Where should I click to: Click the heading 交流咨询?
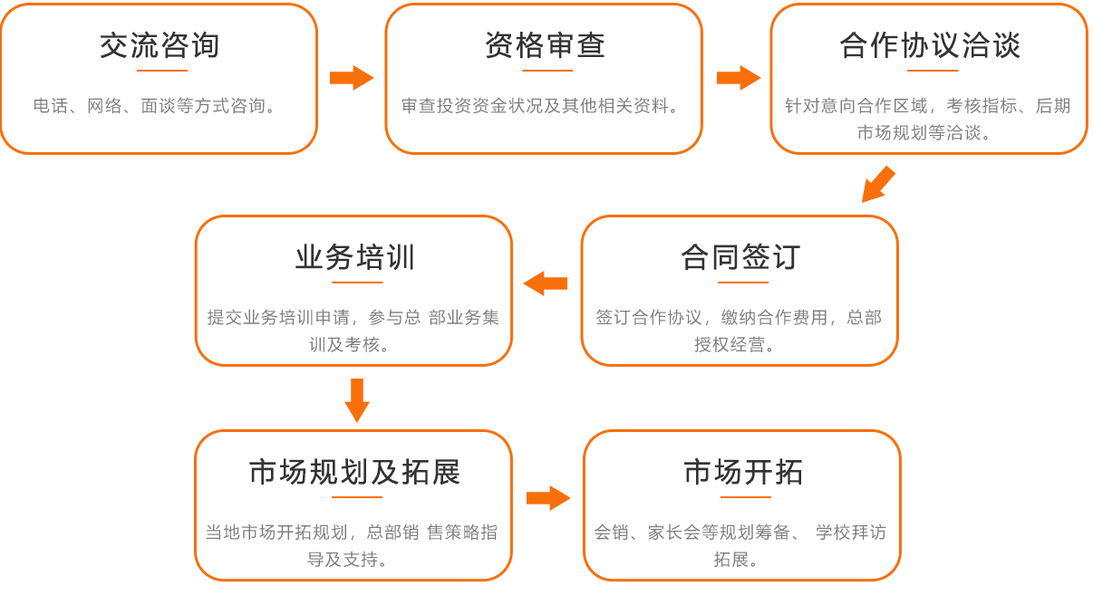[x=160, y=45]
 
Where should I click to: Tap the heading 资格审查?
[x=545, y=45]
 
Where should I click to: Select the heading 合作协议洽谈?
[x=930, y=45]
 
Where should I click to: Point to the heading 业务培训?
[x=354, y=258]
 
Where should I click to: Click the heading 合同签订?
[x=740, y=258]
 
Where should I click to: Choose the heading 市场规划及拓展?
[x=354, y=472]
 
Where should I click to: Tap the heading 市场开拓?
[x=743, y=472]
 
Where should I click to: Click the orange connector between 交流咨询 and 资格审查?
[x=351, y=78]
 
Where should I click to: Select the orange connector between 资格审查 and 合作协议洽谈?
[x=738, y=78]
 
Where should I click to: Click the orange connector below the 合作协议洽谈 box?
[x=877, y=184]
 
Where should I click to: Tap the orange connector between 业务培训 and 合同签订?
[x=545, y=283]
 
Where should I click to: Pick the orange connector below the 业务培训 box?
[x=356, y=400]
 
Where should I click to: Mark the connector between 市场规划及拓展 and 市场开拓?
[x=548, y=497]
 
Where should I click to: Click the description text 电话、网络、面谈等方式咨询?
[x=154, y=106]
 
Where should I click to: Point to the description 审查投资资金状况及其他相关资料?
[x=541, y=106]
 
